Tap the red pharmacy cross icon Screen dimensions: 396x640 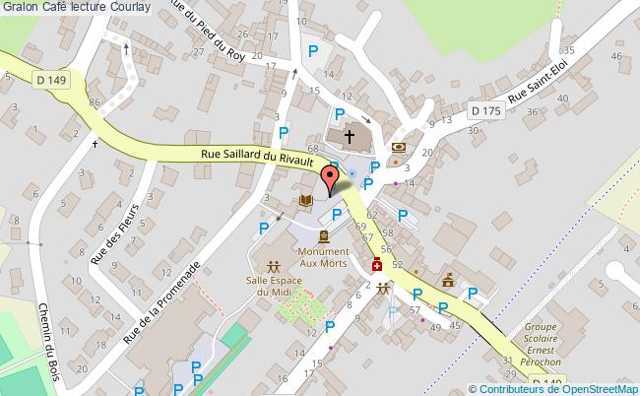coord(376,265)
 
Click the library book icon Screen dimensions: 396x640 coord(305,201)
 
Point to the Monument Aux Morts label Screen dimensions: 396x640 coord(324,257)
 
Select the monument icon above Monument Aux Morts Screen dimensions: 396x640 coord(324,235)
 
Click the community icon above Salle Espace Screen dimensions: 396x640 coord(273,266)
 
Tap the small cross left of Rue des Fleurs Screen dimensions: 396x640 coord(96,144)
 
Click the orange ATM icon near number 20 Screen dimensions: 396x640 coord(398,148)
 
